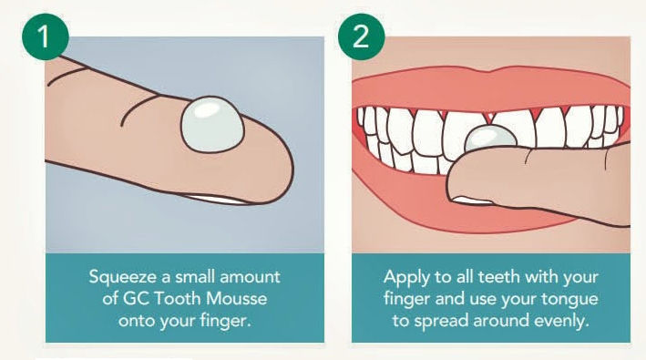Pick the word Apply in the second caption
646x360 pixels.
(404, 277)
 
